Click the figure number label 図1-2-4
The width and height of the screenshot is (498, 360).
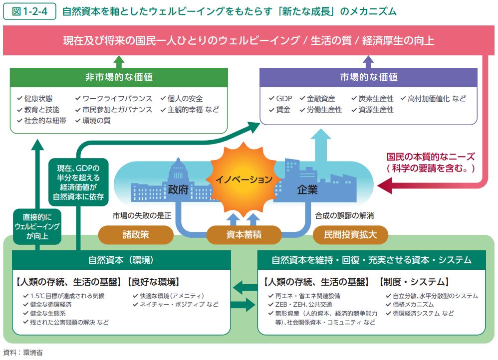(29, 11)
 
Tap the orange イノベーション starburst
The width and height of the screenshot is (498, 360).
(244, 179)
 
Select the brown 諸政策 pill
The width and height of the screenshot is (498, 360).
(136, 235)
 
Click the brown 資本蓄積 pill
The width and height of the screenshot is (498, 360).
(244, 235)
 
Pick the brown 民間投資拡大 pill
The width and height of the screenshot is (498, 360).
(350, 235)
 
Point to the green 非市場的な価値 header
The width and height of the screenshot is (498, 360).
(119, 77)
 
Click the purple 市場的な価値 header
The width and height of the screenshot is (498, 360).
(368, 77)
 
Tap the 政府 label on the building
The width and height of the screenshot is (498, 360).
(178, 189)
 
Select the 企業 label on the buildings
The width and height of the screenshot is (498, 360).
(307, 189)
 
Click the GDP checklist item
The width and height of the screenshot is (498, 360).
(280, 99)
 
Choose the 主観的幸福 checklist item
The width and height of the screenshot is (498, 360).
(190, 110)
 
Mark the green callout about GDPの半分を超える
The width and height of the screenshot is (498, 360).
(78, 182)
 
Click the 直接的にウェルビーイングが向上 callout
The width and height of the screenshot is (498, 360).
(37, 226)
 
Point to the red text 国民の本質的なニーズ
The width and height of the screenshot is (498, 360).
(431, 157)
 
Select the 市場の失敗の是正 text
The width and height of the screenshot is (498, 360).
(142, 216)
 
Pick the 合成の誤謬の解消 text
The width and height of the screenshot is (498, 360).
(344, 216)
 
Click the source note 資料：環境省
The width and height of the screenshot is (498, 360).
(23, 353)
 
